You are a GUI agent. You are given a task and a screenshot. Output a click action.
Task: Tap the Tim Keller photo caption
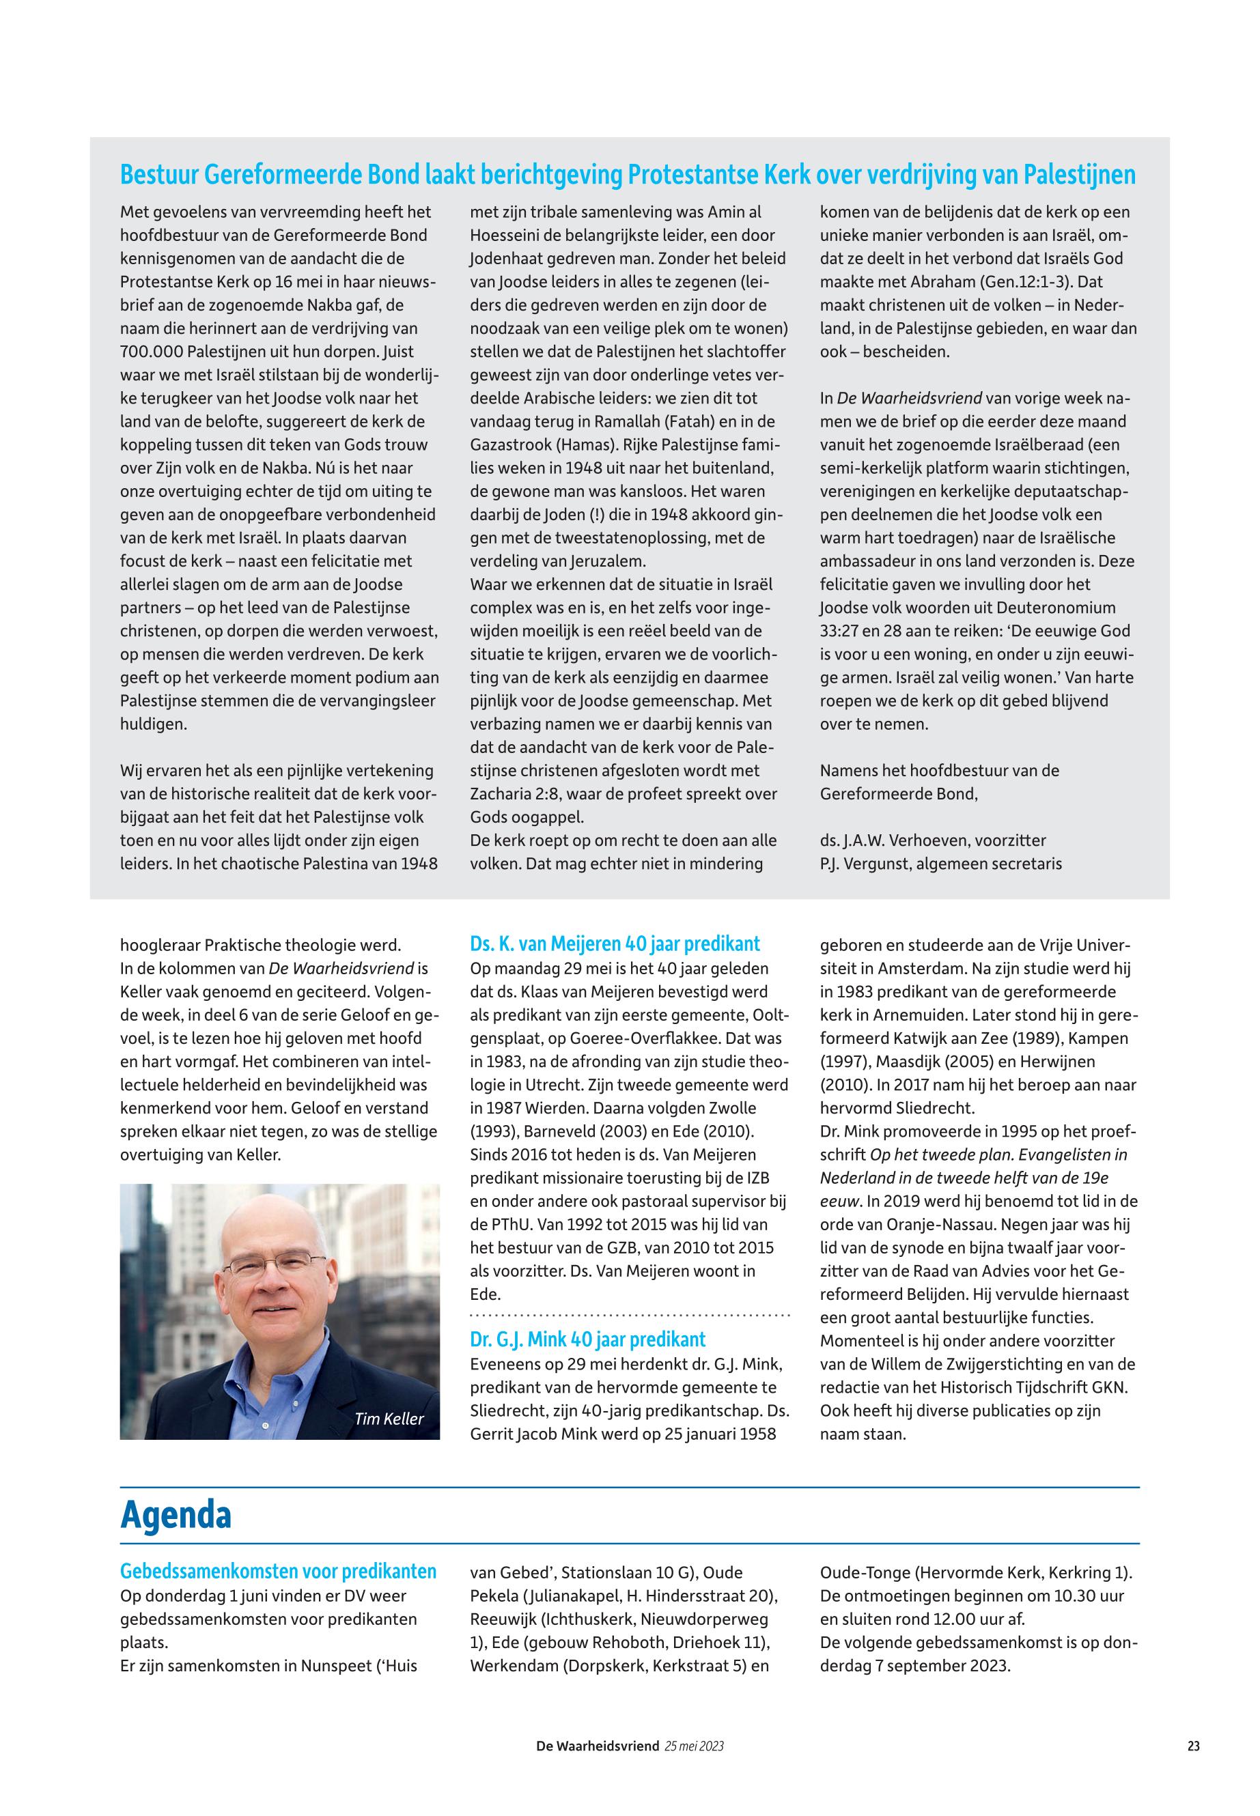(x=389, y=1419)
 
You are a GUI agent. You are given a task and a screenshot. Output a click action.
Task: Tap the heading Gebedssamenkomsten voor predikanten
(x=278, y=1572)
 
